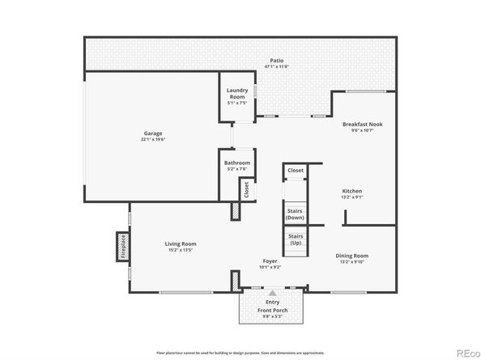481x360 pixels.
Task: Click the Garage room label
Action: point(154,133)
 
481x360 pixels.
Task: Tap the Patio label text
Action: point(277,61)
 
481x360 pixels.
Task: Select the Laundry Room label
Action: point(236,92)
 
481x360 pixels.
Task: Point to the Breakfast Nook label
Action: point(362,125)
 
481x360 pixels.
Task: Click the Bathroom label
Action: point(237,163)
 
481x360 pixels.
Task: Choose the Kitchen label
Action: point(351,191)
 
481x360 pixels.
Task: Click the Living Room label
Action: point(180,244)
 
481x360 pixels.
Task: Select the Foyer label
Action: point(270,260)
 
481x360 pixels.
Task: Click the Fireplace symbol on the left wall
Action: point(123,245)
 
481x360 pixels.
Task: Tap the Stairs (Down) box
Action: point(296,214)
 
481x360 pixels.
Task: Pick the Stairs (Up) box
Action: point(296,239)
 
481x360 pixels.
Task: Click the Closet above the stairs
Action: point(296,171)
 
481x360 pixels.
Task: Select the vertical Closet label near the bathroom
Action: point(246,189)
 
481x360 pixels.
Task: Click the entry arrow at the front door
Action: point(273,293)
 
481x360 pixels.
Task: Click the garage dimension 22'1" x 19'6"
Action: point(154,139)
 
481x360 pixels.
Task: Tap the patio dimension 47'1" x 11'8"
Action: point(277,67)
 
